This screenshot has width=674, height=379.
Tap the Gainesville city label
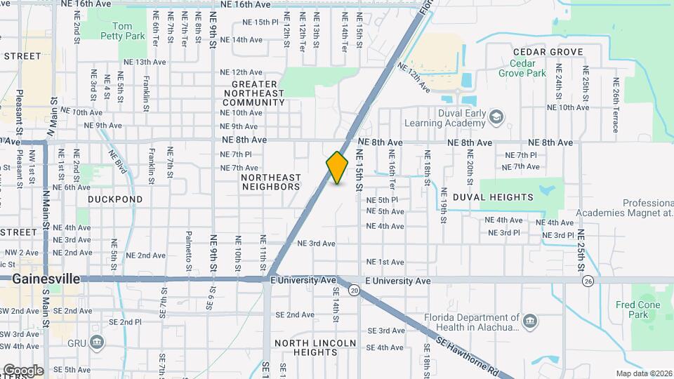coord(46,279)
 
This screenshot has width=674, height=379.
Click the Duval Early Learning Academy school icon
coord(496,116)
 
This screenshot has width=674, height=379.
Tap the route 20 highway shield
coord(355,290)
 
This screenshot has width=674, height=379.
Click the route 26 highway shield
coord(587,281)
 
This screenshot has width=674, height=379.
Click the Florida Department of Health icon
coord(530,321)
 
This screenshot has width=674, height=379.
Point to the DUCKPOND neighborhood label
coord(115,199)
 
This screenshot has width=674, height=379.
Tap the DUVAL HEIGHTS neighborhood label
coord(493,198)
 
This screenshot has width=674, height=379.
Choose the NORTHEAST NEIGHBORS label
coord(271,182)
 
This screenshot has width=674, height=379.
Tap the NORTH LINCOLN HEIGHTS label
coord(315,347)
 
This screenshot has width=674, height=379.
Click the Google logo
coord(22,370)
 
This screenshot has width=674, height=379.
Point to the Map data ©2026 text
coord(644,373)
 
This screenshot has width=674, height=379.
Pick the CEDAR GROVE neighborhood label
coord(548,52)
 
